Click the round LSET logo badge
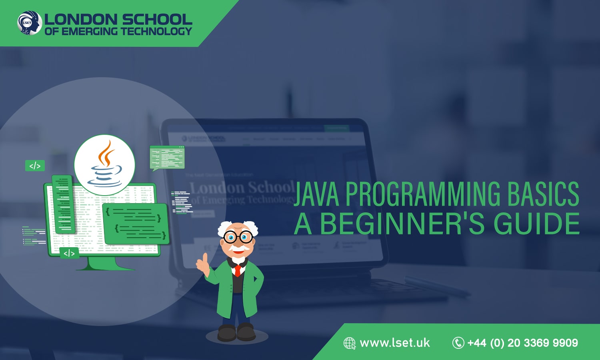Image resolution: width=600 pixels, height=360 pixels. click(x=30, y=23)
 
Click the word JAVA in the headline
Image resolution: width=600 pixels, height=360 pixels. click(x=316, y=194)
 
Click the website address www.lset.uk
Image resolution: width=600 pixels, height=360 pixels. click(x=394, y=343)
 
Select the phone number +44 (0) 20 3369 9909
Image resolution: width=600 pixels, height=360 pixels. click(x=522, y=343)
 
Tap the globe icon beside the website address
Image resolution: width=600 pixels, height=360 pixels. click(x=349, y=343)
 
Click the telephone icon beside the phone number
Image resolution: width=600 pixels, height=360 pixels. click(x=458, y=343)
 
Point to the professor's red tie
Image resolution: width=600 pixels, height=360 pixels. click(x=238, y=271)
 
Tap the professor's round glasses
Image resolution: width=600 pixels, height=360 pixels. click(x=238, y=237)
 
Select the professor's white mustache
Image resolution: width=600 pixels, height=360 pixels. click(x=238, y=248)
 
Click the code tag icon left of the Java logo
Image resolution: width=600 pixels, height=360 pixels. click(x=35, y=166)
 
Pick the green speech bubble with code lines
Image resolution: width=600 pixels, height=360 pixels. click(x=167, y=158)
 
